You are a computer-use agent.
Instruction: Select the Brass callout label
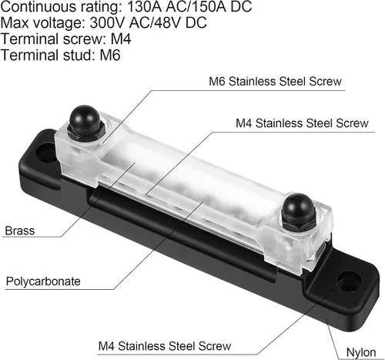[x=20, y=230]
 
